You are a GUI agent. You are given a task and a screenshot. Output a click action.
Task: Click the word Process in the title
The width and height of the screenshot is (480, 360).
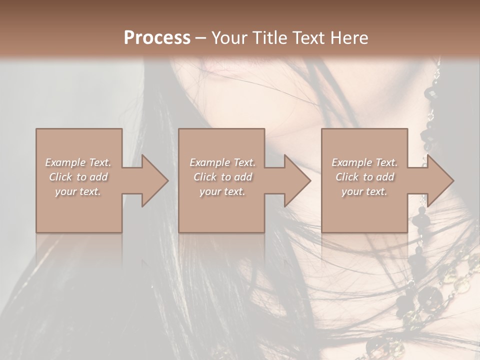tap(157, 37)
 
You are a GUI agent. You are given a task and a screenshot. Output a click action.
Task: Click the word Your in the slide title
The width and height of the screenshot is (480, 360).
tap(229, 37)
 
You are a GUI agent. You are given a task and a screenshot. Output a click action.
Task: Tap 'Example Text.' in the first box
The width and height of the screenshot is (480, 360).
tap(78, 162)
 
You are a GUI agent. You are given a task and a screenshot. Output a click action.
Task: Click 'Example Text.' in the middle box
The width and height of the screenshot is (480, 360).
tap(222, 162)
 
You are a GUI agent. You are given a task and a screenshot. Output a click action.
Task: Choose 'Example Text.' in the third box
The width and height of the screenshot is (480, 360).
tap(364, 162)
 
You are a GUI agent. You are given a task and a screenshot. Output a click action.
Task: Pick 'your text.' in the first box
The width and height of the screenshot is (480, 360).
tap(78, 191)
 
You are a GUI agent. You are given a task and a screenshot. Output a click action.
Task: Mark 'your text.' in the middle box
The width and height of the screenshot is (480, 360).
tap(222, 191)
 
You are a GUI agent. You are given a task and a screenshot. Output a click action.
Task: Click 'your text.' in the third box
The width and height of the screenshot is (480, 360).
tap(364, 191)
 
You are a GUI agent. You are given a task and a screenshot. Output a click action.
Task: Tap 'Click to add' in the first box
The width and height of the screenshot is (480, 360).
tap(78, 177)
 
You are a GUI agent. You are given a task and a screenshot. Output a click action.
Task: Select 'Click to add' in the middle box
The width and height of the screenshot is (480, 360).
tap(222, 177)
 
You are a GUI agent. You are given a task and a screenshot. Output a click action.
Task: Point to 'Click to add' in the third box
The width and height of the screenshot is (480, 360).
tap(364, 177)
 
